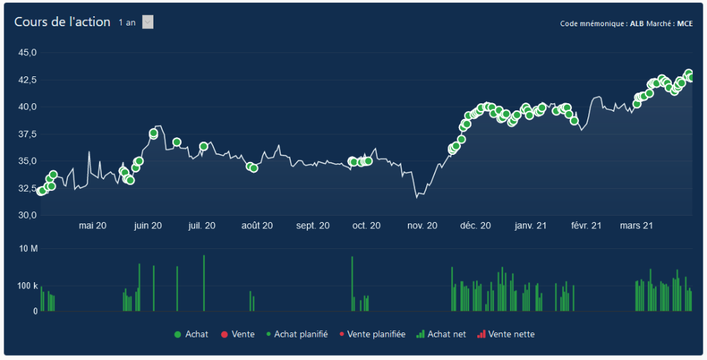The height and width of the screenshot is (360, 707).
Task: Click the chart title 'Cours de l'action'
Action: pos(62,22)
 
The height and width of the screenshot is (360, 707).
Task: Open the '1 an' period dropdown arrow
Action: pos(148,22)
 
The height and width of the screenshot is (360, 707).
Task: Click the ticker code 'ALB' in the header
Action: pos(636,23)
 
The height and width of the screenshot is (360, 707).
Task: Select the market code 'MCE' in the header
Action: pos(684,23)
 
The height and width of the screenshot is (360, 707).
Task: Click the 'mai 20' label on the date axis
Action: pos(93,226)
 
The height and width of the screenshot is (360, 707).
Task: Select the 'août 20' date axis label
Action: pos(257,226)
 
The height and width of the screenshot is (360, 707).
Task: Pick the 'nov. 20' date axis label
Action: pos(422,226)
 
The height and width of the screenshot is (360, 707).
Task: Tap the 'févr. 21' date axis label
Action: pos(586,226)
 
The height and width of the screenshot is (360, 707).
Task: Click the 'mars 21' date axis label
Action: pos(636,226)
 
